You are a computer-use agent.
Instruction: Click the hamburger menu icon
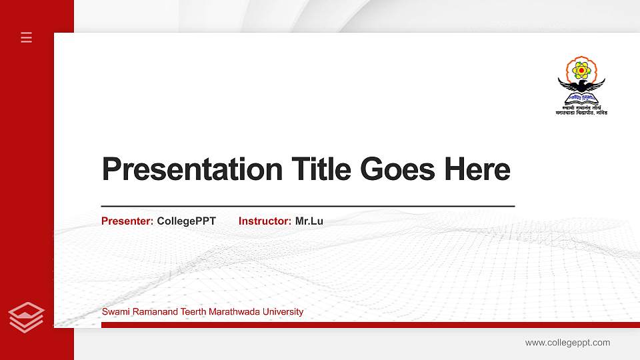[x=27, y=37]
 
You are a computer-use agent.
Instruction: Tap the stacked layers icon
[x=27, y=317]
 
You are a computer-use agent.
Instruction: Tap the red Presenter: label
[x=127, y=221]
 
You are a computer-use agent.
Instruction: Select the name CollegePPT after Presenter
[x=187, y=221]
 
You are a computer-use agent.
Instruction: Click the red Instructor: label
[x=265, y=221]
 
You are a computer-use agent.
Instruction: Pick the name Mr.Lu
[x=309, y=221]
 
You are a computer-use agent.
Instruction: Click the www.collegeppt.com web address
[x=567, y=343]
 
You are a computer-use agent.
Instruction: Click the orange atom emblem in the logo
[x=582, y=69]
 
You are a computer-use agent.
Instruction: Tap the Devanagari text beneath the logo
[x=581, y=110]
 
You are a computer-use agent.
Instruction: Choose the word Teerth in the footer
[x=193, y=312]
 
